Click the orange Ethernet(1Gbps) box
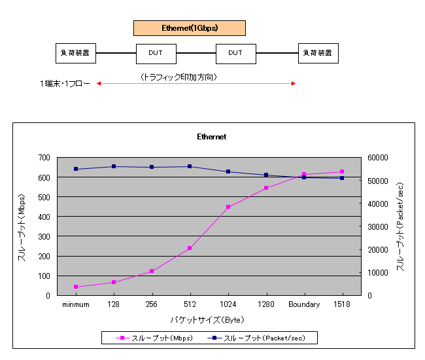pyautogui.click(x=190, y=28)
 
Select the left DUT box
pyautogui.click(x=156, y=53)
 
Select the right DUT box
pyautogui.click(x=235, y=53)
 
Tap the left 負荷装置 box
pyautogui.click(x=76, y=53)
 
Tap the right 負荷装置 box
pyautogui.click(x=318, y=53)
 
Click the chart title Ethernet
pyautogui.click(x=212, y=137)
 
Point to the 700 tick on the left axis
pyautogui.click(x=44, y=158)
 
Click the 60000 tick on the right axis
pyautogui.click(x=378, y=158)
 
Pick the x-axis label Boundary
pyautogui.click(x=304, y=304)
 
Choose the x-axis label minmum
pyautogui.click(x=76, y=304)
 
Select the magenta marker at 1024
pyautogui.click(x=228, y=207)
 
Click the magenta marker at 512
pyautogui.click(x=190, y=248)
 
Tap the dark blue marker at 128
pyautogui.click(x=114, y=166)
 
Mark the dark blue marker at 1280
pyautogui.click(x=266, y=175)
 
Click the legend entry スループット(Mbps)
pyautogui.click(x=152, y=338)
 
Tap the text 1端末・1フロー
pyautogui.click(x=64, y=84)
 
